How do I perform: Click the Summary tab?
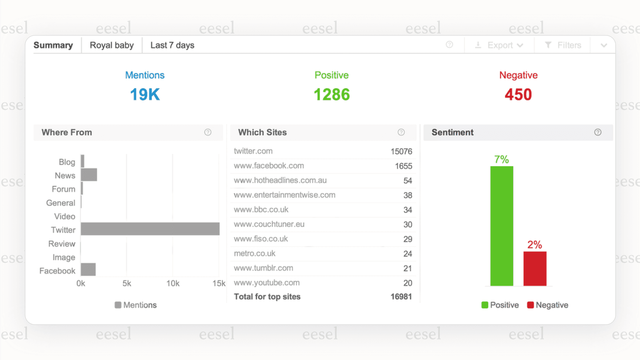(53, 45)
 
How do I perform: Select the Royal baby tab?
(112, 45)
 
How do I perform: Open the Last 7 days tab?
(172, 45)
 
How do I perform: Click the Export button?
(499, 45)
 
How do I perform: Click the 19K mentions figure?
(145, 94)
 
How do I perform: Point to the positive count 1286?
(331, 94)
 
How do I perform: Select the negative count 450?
(518, 94)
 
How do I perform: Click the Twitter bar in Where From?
(150, 229)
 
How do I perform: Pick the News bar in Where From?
(89, 175)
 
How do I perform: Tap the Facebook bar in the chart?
(88, 269)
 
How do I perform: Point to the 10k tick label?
(173, 283)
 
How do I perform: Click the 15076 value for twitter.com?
(401, 152)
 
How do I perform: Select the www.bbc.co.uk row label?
(261, 210)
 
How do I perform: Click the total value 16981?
(401, 297)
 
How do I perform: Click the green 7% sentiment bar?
(502, 226)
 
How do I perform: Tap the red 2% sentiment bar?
(535, 269)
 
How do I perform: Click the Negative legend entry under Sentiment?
(547, 305)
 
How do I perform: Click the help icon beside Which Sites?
(401, 132)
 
